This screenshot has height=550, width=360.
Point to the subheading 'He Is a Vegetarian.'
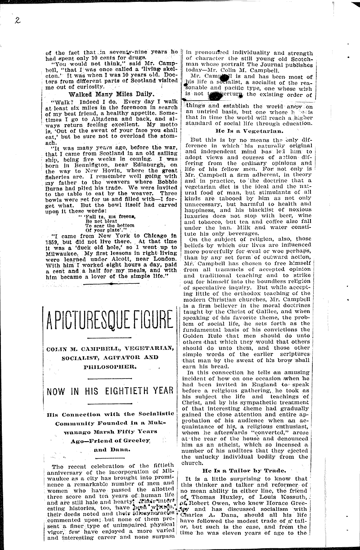(x=249, y=131)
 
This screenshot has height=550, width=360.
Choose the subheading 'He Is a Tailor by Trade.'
(x=249, y=470)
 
